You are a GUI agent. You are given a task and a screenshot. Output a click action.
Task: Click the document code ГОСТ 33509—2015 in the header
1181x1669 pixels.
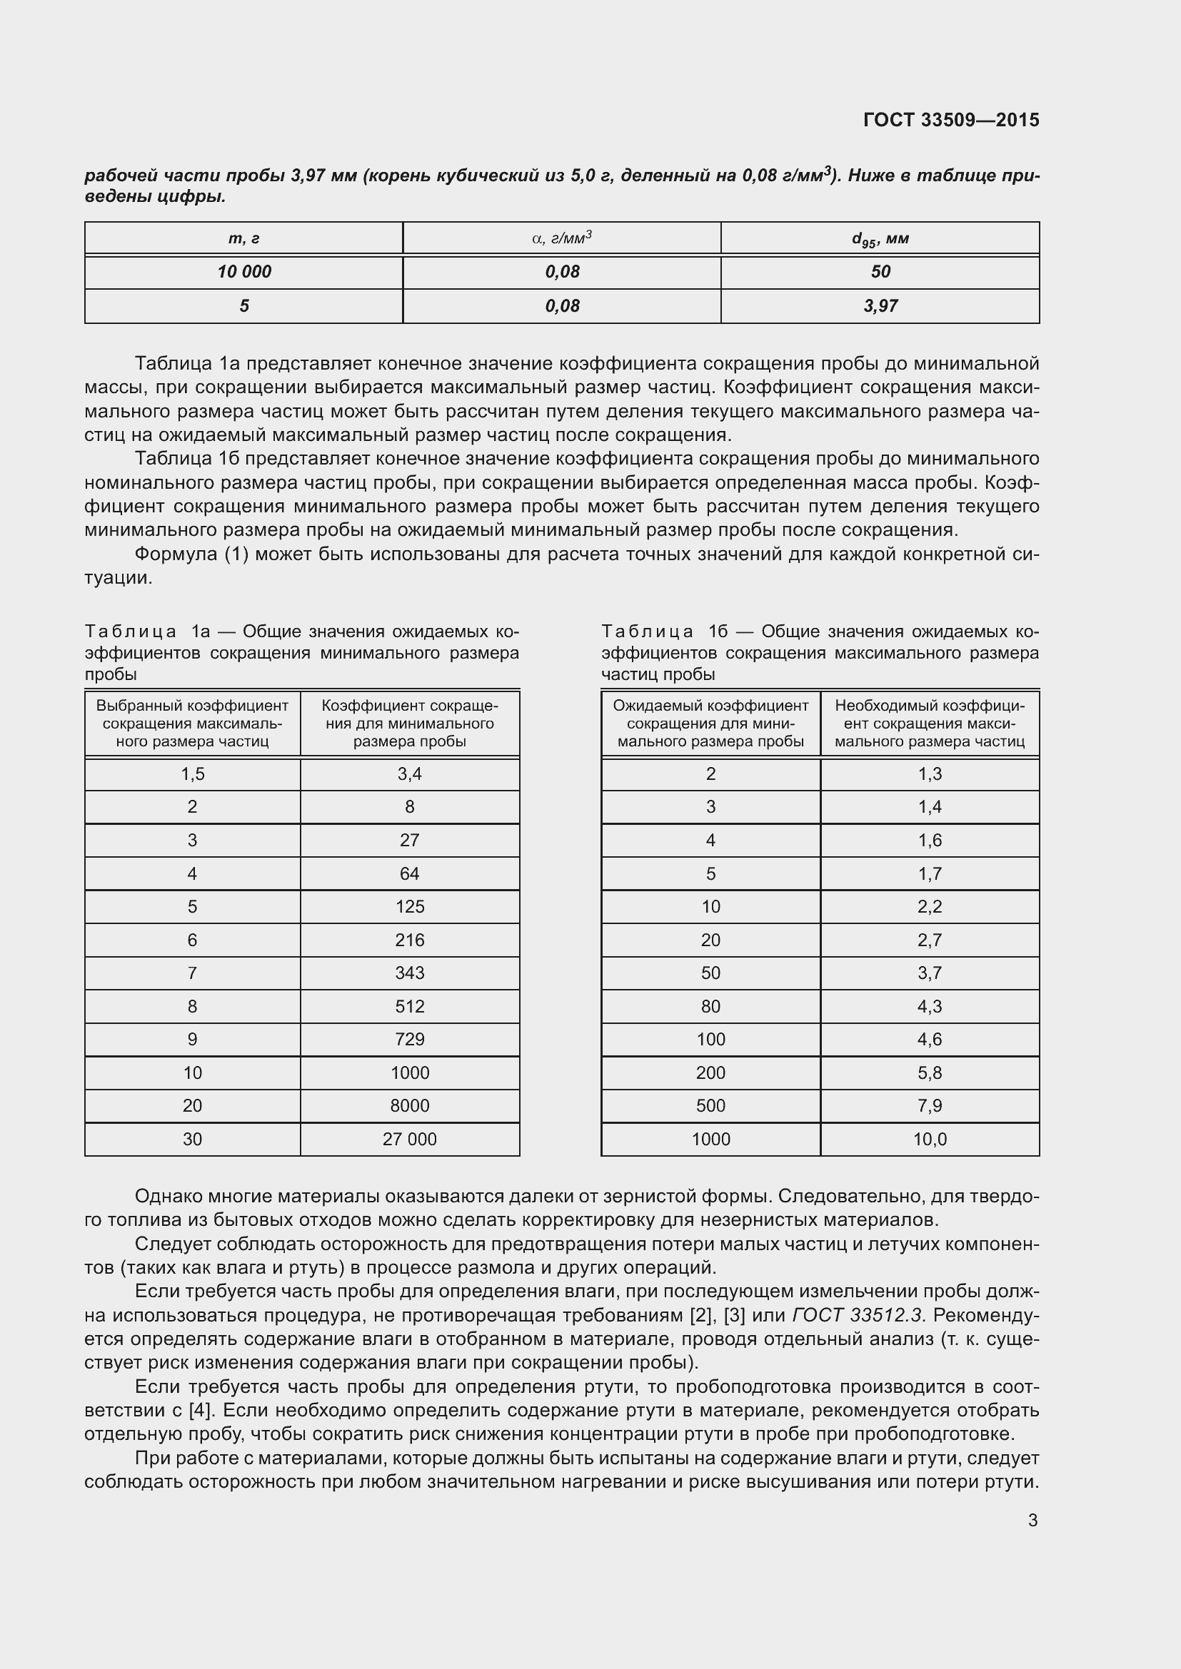pyautogui.click(x=951, y=120)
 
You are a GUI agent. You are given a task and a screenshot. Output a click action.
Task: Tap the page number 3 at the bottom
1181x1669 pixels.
pyautogui.click(x=1032, y=1520)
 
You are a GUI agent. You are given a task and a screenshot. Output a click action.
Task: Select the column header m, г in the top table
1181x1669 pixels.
pyautogui.click(x=243, y=238)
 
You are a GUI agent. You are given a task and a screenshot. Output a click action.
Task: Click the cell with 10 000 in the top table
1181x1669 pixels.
pyautogui.click(x=243, y=272)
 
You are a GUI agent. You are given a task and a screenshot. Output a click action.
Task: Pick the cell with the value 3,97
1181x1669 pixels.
pyautogui.click(x=880, y=306)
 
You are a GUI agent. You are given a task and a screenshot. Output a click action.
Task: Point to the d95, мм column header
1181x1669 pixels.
pyautogui.click(x=880, y=238)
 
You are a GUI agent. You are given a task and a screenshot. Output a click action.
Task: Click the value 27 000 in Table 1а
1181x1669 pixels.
pyautogui.click(x=409, y=1139)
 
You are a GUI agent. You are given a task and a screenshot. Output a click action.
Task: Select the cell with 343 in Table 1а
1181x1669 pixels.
pyautogui.click(x=409, y=973)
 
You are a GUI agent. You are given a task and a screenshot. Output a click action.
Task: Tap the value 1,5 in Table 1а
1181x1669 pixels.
pyautogui.click(x=193, y=774)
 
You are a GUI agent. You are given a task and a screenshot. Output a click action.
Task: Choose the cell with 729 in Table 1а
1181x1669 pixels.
pyautogui.click(x=409, y=1040)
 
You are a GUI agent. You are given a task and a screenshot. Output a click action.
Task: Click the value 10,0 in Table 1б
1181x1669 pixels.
pyautogui.click(x=930, y=1139)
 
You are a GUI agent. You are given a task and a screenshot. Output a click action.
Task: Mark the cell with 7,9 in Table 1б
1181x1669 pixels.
pyautogui.click(x=930, y=1105)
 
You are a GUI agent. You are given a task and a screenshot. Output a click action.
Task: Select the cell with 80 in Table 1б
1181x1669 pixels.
pyautogui.click(x=710, y=1006)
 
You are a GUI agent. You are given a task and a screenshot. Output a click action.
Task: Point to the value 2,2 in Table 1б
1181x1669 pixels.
pyautogui.click(x=930, y=906)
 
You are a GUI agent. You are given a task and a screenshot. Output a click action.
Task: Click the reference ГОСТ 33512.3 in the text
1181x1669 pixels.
pyautogui.click(x=860, y=1315)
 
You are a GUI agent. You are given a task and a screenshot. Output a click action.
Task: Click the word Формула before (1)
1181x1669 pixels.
pyautogui.click(x=175, y=554)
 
